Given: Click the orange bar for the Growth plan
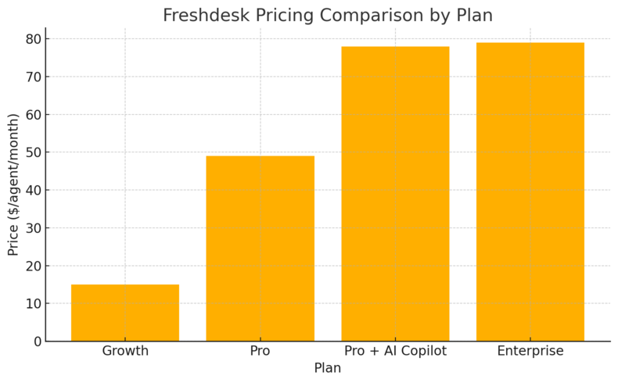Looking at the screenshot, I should point(125,313).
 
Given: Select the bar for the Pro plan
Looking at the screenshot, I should point(260,249).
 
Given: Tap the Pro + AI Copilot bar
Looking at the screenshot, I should point(395,194).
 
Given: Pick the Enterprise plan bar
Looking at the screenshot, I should point(530,191).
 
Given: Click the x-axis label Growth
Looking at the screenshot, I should point(125,352).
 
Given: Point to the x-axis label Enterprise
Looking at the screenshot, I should point(530,352).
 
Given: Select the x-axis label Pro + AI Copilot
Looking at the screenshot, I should point(395,352).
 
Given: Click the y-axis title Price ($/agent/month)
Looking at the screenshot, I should point(13,184).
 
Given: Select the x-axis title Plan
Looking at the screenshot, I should point(327,368).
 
